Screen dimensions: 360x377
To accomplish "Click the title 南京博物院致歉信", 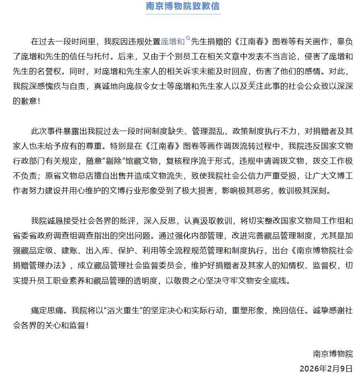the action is [x=183, y=6].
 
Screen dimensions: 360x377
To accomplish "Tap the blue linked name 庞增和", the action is [x=173, y=41].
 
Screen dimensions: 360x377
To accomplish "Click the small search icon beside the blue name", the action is [x=188, y=39].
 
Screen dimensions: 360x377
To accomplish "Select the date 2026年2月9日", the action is [x=326, y=369].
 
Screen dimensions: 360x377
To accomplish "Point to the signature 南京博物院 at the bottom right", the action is [x=333, y=354].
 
